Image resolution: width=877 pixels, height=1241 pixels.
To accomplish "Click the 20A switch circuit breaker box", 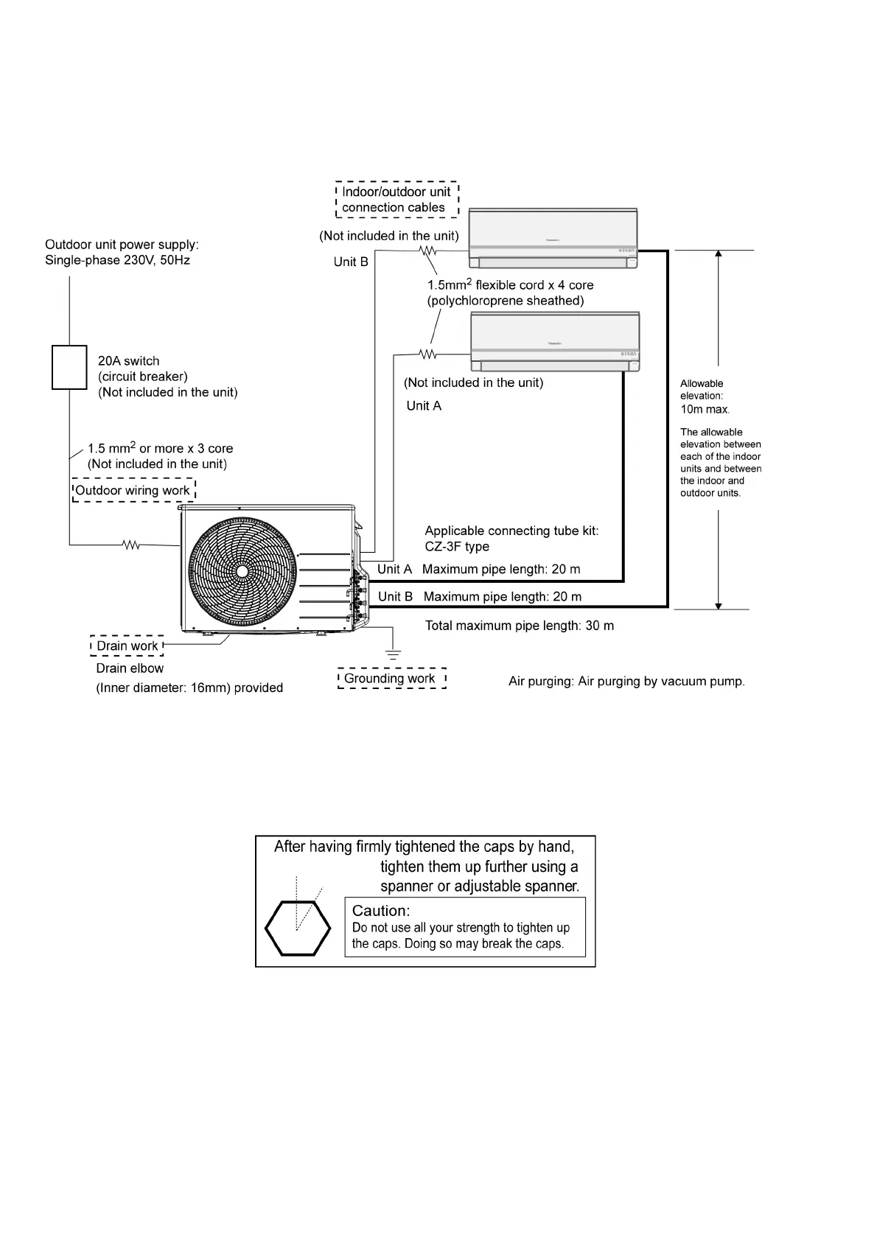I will (69, 367).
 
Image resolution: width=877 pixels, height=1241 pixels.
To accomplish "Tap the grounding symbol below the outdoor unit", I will (394, 654).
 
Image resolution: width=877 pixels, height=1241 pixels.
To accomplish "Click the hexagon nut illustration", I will (297, 928).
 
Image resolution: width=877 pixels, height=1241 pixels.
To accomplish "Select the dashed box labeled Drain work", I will (127, 646).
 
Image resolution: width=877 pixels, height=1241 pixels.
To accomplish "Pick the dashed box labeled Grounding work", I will (391, 679).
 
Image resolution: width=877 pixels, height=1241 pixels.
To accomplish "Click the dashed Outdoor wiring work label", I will (133, 491).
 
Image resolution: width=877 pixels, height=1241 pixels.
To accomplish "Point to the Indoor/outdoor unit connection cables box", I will (396, 200).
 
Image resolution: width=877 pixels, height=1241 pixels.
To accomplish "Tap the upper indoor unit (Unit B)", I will (553, 239).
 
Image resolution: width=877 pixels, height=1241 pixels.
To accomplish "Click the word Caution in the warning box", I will (381, 911).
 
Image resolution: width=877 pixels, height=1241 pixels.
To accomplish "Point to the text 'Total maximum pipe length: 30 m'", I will (520, 626).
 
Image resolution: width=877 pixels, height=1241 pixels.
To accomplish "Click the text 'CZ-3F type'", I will (457, 547).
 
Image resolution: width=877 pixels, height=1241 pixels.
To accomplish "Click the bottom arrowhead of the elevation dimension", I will (719, 605).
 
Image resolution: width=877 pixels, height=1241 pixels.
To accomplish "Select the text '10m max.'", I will (705, 409).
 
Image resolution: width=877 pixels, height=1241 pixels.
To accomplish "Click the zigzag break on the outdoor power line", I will (131, 545).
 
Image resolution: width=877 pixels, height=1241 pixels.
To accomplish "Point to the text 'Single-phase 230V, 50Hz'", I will (118, 260).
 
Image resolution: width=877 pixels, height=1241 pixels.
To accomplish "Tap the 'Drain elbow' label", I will (130, 668).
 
